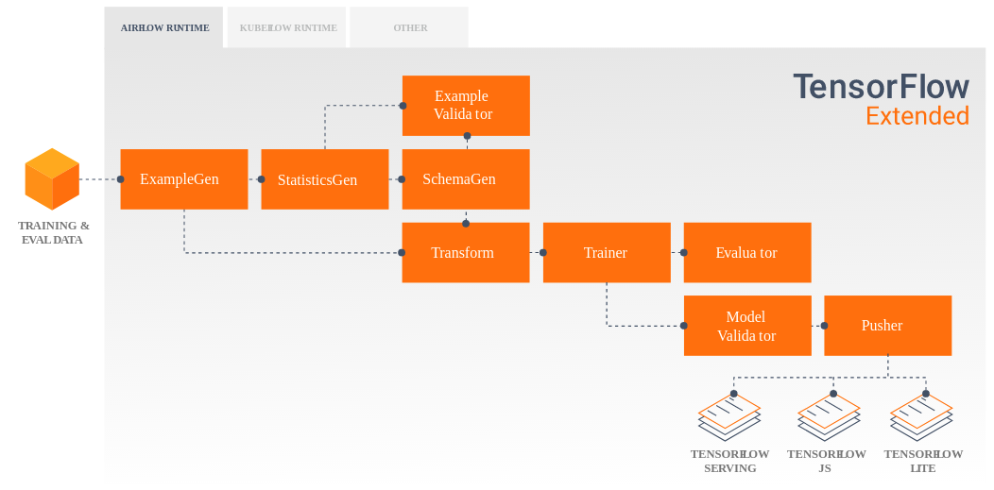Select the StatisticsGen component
324,178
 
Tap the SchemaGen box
465,178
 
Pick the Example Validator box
465,105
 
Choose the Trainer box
606,252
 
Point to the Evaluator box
746,252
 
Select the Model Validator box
746,326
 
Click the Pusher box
887,326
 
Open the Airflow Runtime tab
164,27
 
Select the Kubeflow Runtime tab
288,27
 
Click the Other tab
410,27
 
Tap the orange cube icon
52,178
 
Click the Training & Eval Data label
53,232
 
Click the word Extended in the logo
917,116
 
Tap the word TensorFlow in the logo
881,86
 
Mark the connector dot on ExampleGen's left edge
121,178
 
